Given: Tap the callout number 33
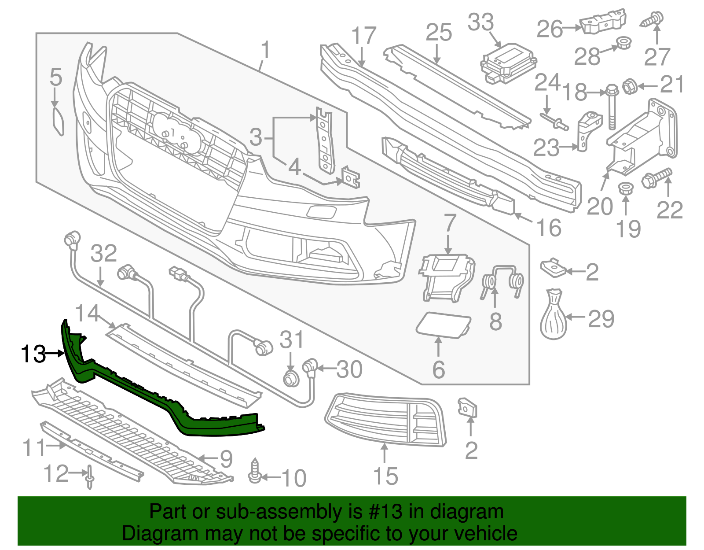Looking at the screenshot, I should point(480,22).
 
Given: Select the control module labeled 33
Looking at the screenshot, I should point(508,64).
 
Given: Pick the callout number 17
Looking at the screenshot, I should point(364,36).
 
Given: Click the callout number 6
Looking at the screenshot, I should point(438,369).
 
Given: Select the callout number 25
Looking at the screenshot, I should point(439,33).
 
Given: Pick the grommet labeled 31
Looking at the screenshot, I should point(290,378).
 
